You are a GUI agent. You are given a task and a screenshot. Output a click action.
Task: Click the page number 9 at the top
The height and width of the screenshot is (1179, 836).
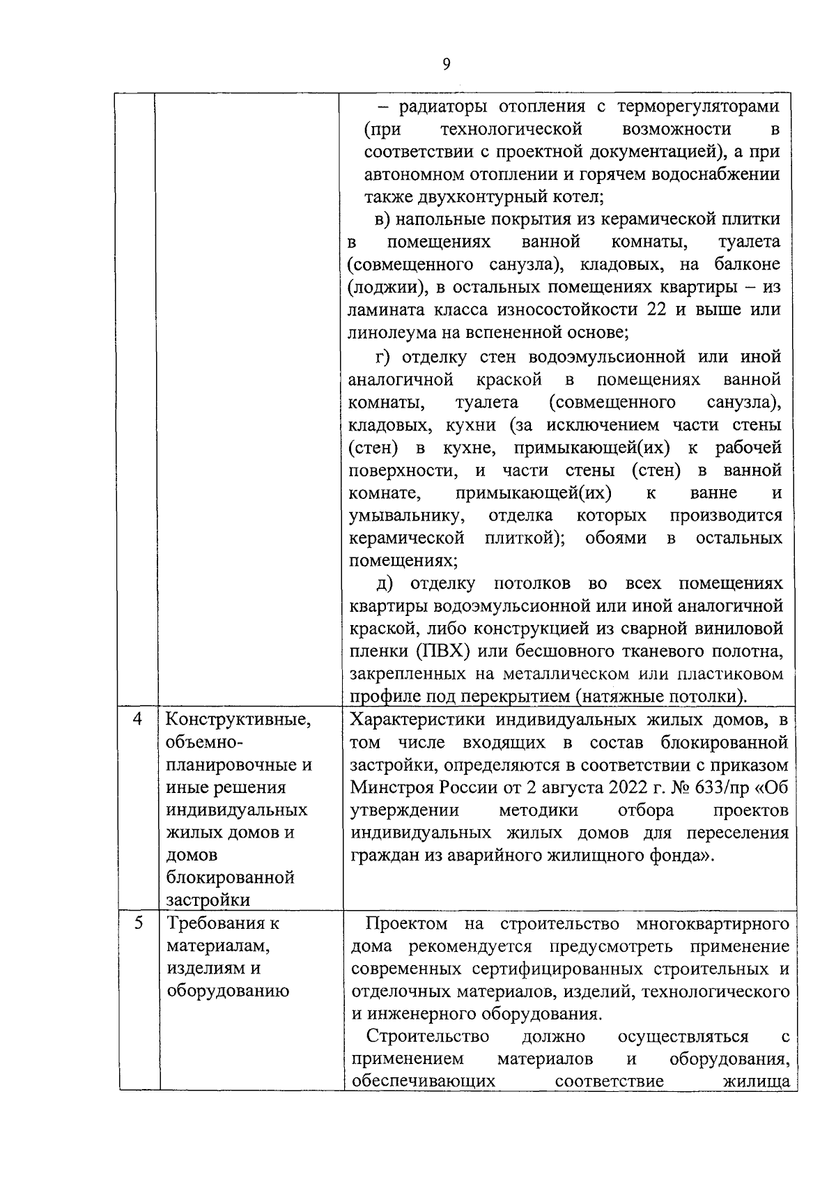tap(446, 65)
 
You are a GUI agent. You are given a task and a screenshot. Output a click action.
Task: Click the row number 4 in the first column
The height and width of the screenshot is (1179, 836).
tap(138, 719)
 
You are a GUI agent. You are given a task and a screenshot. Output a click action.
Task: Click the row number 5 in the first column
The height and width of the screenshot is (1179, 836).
tap(138, 923)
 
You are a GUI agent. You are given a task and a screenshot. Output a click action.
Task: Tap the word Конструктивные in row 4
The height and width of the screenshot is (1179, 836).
tap(238, 719)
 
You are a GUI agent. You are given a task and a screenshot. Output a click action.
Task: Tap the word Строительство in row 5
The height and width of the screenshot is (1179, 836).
tap(428, 1037)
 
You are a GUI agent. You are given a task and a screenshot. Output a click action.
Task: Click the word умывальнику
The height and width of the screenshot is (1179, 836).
tap(405, 516)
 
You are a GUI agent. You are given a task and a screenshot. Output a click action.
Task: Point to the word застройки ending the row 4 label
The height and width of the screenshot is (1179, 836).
tap(208, 900)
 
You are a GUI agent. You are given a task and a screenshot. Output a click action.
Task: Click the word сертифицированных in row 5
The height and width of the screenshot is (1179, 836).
tap(567, 969)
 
